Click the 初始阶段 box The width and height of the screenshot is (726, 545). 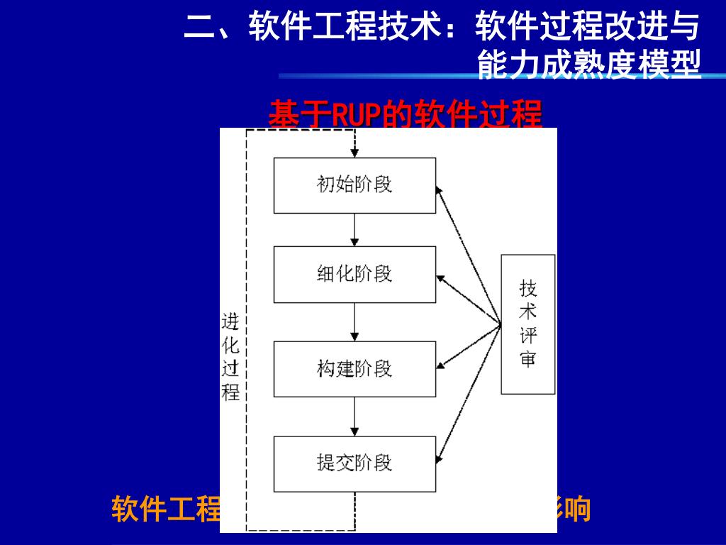(x=354, y=185)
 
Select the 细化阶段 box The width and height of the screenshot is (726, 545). (x=354, y=274)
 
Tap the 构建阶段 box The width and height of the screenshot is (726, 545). (x=354, y=369)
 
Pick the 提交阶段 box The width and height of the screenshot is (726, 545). (x=354, y=463)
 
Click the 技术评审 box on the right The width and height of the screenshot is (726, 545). (x=528, y=324)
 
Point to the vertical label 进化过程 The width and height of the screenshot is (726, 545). (x=231, y=357)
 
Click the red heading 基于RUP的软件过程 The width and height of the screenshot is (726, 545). (x=405, y=114)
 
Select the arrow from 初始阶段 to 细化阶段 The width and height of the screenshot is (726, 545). (x=354, y=229)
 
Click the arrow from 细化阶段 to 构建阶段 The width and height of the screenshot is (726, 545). (x=354, y=321)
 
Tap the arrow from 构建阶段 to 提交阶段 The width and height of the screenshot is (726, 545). (x=354, y=416)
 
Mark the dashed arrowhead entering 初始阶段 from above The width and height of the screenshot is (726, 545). (x=354, y=153)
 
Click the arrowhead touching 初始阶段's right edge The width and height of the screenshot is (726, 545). (x=440, y=189)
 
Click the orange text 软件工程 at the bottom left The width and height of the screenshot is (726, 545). (x=167, y=510)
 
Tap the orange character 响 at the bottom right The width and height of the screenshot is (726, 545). (x=578, y=510)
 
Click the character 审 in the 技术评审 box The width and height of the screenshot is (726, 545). (x=528, y=359)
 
